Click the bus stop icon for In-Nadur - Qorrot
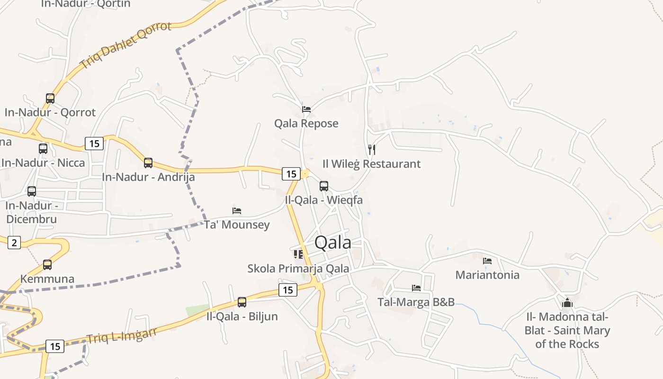(x=50, y=99)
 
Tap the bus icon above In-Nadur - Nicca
(x=43, y=149)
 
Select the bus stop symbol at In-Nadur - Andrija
(x=148, y=163)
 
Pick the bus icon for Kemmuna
(x=47, y=265)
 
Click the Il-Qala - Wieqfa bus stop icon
(x=324, y=186)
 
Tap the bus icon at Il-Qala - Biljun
(x=242, y=302)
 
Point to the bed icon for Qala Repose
(x=306, y=109)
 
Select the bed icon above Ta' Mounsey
(x=237, y=210)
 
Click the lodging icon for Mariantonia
(x=487, y=261)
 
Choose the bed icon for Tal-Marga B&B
(x=416, y=288)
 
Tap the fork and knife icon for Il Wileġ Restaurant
(x=372, y=150)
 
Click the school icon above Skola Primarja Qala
(x=298, y=254)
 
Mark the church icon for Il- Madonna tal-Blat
(x=567, y=303)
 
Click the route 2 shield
(x=14, y=243)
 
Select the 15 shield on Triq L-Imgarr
(x=55, y=346)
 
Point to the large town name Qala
(x=333, y=243)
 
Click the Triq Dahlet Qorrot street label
(x=125, y=45)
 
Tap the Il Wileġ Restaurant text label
(x=371, y=164)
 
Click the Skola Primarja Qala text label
(x=298, y=269)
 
